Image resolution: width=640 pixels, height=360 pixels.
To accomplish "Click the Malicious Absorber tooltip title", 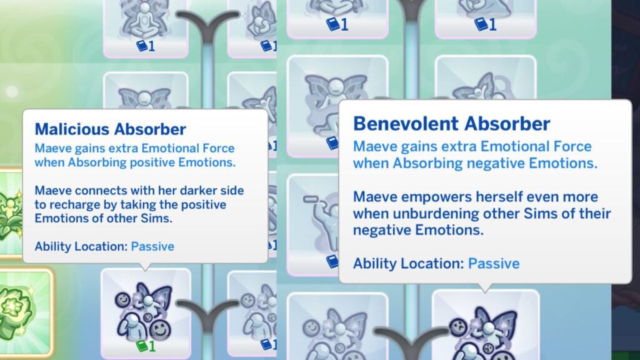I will coord(110,129).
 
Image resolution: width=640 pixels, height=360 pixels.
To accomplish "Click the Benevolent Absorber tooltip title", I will coord(451,123).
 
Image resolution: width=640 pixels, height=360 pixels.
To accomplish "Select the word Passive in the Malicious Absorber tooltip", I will coord(152,246).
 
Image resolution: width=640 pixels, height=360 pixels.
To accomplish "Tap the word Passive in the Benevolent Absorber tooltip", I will coord(494,263).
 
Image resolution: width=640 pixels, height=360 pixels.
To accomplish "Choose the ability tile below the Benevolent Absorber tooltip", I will coord(485,325).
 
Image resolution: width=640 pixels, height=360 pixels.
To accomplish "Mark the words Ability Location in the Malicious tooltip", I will coord(81,246).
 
